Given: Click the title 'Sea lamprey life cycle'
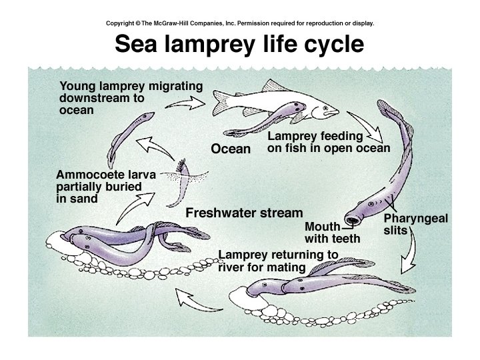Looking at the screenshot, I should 239,44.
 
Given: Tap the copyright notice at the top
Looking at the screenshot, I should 240,23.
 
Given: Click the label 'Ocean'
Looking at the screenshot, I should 231,149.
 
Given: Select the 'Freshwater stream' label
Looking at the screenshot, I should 244,213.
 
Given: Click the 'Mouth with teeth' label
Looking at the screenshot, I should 332,233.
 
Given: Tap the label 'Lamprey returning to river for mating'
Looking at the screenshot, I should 278,261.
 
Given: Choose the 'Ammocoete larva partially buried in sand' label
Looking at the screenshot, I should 106,186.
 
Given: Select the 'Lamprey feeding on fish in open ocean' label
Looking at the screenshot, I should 328,141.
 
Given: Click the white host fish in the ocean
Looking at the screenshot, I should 267,103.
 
